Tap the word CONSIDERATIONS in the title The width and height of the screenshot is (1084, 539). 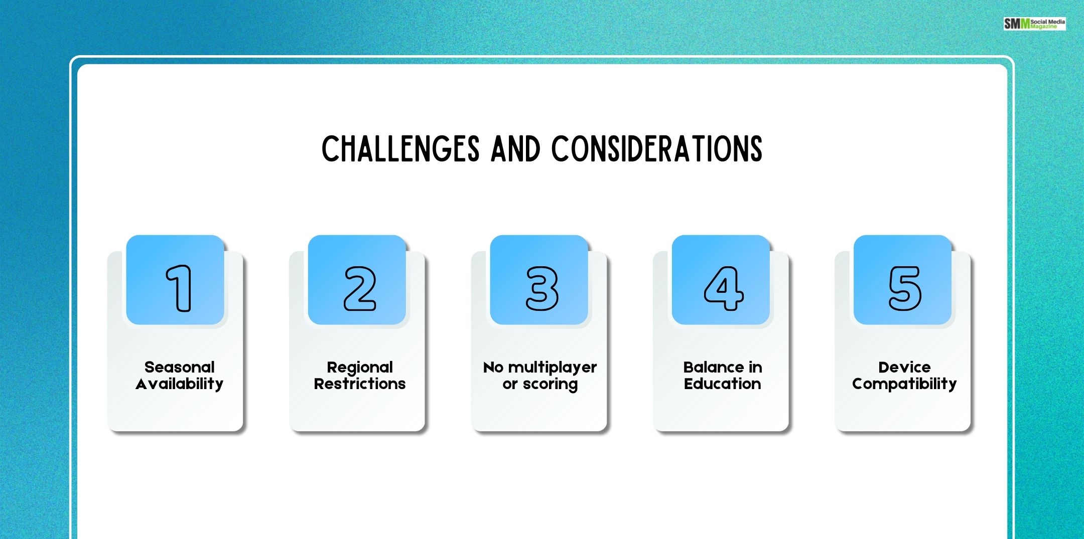(x=657, y=149)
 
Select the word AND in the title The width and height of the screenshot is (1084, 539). (x=515, y=149)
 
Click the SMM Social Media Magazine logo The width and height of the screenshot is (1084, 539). (x=1034, y=24)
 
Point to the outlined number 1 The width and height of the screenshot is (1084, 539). (x=179, y=288)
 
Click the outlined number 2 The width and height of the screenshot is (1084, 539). (x=360, y=288)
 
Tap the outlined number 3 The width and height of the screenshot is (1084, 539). (x=541, y=288)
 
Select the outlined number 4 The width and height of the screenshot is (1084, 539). (x=723, y=288)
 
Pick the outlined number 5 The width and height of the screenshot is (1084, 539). (x=905, y=288)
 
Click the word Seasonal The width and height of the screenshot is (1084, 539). (x=179, y=367)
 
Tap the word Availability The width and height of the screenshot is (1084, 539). (x=179, y=384)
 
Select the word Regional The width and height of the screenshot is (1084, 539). (x=360, y=368)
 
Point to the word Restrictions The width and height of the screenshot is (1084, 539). (x=360, y=384)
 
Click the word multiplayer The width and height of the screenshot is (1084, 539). (x=553, y=368)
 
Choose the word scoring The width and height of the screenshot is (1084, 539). (x=550, y=385)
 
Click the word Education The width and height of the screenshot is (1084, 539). (x=722, y=384)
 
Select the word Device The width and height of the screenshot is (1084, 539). (x=904, y=367)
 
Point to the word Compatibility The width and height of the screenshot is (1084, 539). (x=904, y=384)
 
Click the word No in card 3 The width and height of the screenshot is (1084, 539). (x=493, y=368)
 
